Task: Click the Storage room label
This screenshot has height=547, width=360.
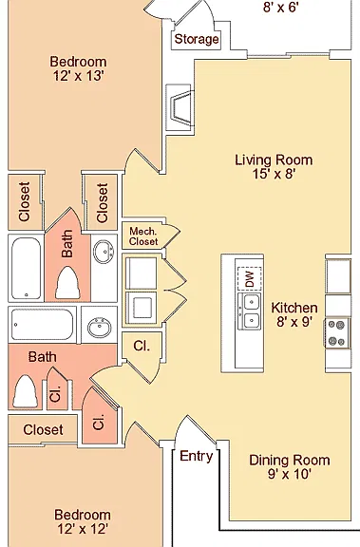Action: (197, 39)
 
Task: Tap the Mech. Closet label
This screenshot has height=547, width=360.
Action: (143, 236)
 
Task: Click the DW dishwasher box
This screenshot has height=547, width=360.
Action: (250, 278)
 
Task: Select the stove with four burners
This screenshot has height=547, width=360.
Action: (337, 332)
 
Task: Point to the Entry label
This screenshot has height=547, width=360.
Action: (196, 456)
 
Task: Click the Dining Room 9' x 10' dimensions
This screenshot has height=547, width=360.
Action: (289, 474)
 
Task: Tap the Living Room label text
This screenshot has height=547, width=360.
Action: (274, 160)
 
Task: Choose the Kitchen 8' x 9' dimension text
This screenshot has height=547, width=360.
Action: (294, 322)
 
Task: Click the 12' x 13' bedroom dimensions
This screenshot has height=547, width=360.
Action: (78, 75)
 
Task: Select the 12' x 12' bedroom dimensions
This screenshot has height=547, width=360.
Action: (83, 529)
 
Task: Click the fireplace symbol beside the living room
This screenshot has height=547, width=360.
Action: (180, 107)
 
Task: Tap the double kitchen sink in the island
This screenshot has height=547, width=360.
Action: (250, 311)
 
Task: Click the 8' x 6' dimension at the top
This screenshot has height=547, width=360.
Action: (281, 7)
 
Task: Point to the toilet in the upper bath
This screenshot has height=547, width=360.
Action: (67, 283)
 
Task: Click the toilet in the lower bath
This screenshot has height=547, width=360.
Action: (25, 391)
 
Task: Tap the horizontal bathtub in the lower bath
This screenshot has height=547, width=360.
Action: (42, 325)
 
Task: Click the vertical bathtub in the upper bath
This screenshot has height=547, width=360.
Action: (26, 268)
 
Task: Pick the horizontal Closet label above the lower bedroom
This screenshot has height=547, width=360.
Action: (44, 430)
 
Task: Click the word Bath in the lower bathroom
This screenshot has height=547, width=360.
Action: (42, 357)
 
